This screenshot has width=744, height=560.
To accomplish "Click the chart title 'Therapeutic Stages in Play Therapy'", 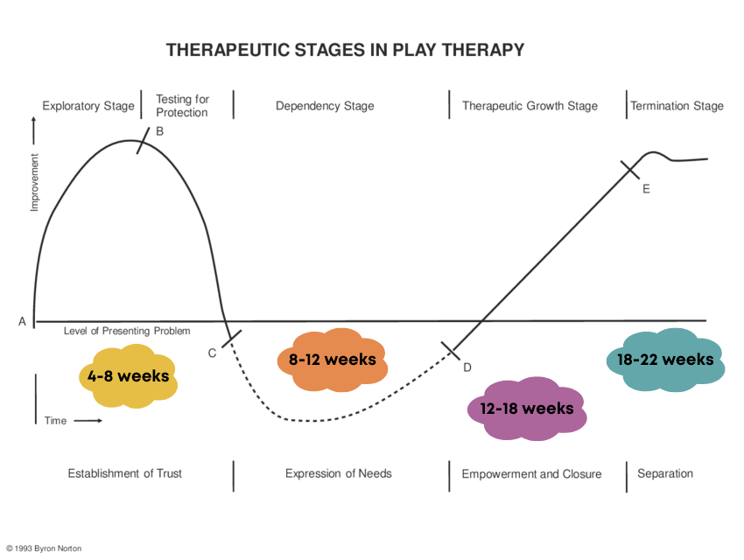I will [x=345, y=50].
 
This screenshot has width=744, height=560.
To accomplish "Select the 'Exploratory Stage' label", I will [x=88, y=106].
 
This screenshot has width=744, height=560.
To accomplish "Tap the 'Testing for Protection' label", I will [x=182, y=106].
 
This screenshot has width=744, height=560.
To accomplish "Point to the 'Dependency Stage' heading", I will [x=325, y=106].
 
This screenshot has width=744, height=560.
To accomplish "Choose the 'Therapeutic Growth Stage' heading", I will [x=530, y=106].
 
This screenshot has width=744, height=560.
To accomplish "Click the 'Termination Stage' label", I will [x=677, y=106].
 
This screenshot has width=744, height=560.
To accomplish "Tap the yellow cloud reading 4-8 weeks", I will [x=128, y=376].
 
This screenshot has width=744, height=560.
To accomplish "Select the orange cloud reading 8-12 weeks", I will [x=332, y=360].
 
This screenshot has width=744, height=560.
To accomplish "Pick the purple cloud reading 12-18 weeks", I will [x=526, y=409].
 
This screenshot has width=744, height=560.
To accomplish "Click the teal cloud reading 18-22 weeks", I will [x=665, y=359].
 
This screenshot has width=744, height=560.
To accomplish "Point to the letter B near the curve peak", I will [x=159, y=132].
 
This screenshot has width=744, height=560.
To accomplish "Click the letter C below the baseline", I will [x=212, y=353].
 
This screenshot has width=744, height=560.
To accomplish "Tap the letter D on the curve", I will [x=467, y=367].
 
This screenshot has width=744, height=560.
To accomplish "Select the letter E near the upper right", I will [x=646, y=189].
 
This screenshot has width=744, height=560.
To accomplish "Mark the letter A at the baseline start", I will [x=22, y=321].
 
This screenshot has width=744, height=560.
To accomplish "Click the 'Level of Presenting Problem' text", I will [x=127, y=332].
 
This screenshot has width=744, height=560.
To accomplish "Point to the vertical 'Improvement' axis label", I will [x=35, y=183].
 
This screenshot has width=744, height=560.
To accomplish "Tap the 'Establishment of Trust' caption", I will [x=125, y=473].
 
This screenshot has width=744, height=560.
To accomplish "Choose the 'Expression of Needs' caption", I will [x=339, y=473].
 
